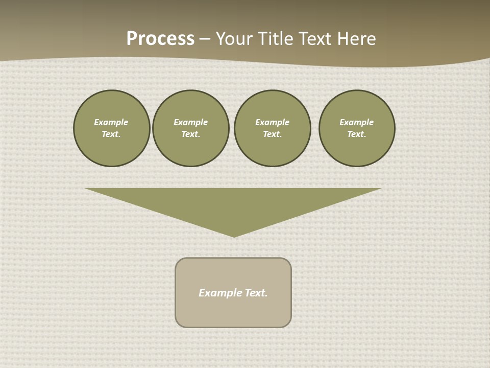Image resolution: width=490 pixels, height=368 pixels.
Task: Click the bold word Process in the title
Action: click(160, 39)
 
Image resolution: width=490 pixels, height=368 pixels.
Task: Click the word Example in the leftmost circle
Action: click(111, 122)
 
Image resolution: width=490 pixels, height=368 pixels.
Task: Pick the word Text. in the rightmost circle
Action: click(357, 134)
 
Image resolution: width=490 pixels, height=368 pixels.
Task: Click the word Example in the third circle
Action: click(273, 122)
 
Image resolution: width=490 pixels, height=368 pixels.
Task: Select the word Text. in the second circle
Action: click(191, 134)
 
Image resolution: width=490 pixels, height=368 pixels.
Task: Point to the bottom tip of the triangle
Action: click(234, 236)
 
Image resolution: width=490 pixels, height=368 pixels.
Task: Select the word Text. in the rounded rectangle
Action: click(256, 293)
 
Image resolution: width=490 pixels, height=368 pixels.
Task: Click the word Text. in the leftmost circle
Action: click(111, 134)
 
